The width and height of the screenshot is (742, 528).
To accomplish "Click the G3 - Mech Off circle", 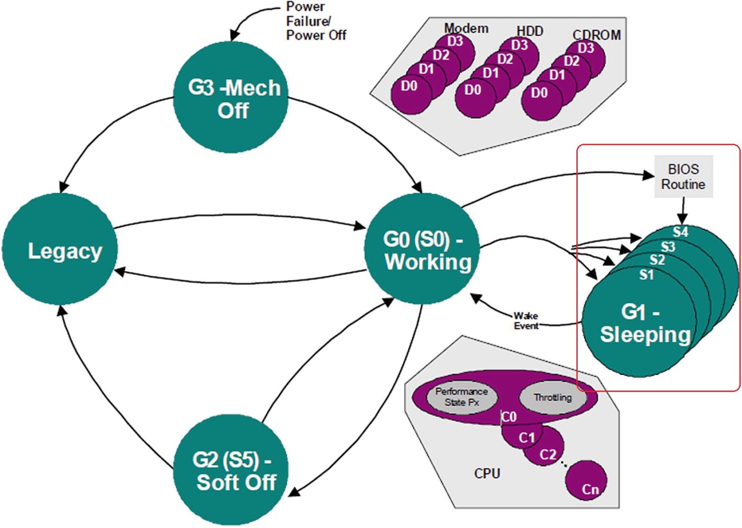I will [231, 98].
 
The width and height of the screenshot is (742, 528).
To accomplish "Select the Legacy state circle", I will [60, 249].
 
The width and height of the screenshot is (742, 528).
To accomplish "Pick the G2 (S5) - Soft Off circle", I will [231, 470].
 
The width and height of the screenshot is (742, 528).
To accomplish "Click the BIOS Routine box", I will [683, 176].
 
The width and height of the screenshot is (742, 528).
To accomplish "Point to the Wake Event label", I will [526, 321].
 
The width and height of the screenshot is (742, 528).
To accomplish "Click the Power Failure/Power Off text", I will [315, 21].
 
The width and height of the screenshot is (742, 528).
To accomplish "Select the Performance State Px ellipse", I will [461, 396].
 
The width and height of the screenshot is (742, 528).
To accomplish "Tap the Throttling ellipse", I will [553, 397].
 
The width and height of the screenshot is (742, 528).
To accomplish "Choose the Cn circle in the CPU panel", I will [586, 481].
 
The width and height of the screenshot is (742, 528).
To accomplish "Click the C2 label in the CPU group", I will [548, 455].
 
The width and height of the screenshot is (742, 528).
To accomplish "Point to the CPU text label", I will [487, 473].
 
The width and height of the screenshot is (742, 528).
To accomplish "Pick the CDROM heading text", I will [596, 35].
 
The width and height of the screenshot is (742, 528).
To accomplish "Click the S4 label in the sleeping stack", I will [680, 232].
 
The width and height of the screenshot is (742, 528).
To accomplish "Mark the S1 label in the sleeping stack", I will [646, 275].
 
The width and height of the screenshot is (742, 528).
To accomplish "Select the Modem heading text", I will [466, 28].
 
